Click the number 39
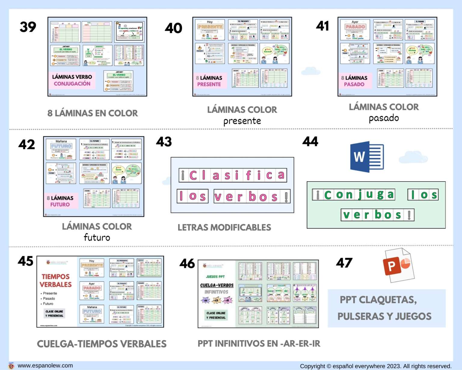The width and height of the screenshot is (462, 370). [28, 27]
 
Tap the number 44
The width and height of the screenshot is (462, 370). [310, 141]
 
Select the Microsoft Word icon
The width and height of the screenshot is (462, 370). [367, 157]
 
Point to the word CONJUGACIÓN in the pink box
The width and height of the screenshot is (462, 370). [72, 84]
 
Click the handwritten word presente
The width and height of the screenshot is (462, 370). [242, 121]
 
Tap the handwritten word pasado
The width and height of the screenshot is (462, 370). [384, 118]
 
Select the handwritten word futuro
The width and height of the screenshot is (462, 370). [97, 238]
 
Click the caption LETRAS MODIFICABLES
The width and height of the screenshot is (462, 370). [224, 228]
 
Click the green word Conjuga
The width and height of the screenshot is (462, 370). [354, 195]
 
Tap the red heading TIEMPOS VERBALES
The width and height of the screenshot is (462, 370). [56, 281]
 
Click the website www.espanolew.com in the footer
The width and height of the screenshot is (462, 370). [45, 365]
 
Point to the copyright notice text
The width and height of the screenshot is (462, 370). [376, 366]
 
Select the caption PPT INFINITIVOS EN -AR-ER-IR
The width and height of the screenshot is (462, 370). [259, 344]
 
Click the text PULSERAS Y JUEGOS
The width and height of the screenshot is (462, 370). [384, 316]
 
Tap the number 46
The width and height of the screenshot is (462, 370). [187, 264]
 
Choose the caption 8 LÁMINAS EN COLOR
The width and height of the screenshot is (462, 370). [93, 113]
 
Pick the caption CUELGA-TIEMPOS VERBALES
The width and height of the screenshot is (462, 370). [102, 344]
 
